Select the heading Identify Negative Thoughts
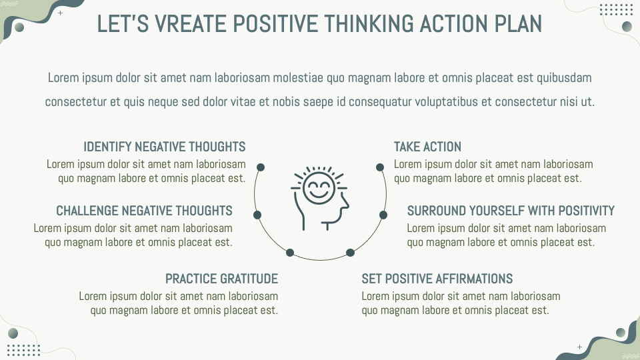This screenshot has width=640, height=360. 165,147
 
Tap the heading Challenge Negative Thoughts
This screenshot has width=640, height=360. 144,211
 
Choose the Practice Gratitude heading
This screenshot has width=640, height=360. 221,279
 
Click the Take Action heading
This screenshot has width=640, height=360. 427,147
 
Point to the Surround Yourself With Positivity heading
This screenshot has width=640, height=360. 511,211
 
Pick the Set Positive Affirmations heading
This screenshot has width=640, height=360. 437,279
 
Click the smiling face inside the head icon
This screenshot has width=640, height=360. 317,186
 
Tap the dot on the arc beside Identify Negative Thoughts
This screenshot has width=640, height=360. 261,167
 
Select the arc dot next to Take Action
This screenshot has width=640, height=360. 379,167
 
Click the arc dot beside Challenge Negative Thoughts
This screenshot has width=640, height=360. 257,215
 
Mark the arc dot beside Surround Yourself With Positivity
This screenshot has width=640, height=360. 383,215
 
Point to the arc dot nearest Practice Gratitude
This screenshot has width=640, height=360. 290,252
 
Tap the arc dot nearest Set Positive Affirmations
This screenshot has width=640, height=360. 350,252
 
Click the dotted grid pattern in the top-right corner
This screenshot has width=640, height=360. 615,9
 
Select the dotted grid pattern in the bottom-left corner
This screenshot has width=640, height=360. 24,350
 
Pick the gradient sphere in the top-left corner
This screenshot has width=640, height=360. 19,27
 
